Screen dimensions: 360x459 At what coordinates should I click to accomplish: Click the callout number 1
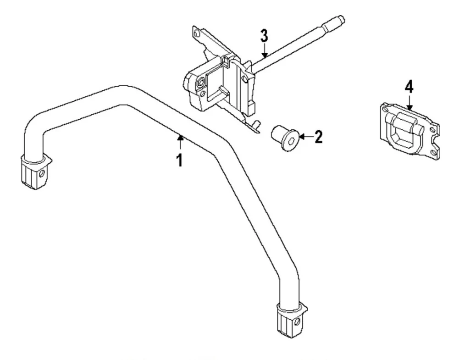[x=180, y=160]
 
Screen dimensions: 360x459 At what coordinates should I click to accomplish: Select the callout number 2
[x=317, y=136]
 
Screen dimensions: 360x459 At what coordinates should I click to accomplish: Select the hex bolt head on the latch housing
[x=200, y=83]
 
